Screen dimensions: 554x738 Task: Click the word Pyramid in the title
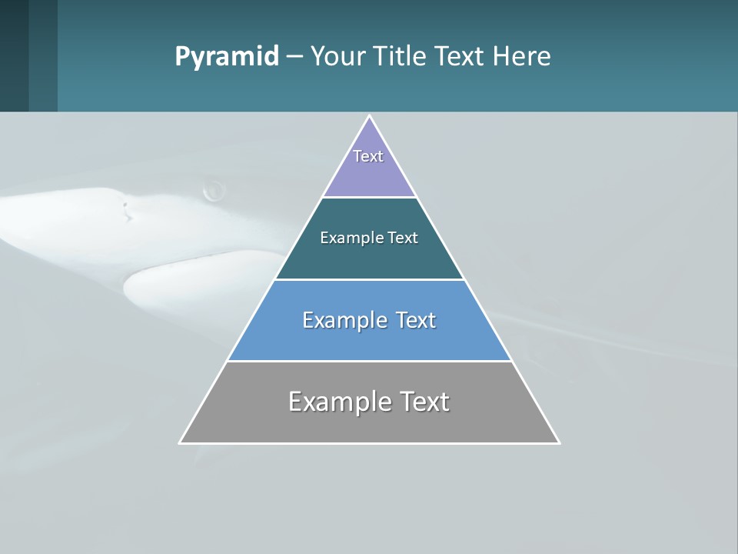pos(226,57)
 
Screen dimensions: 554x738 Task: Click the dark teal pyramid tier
pos(369,259)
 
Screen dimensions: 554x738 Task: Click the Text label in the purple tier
pos(368,156)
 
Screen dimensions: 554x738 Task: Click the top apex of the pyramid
pos(370,116)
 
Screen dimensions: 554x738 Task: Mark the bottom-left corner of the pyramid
pos(180,442)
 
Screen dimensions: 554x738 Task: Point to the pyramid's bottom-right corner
pos(559,442)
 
